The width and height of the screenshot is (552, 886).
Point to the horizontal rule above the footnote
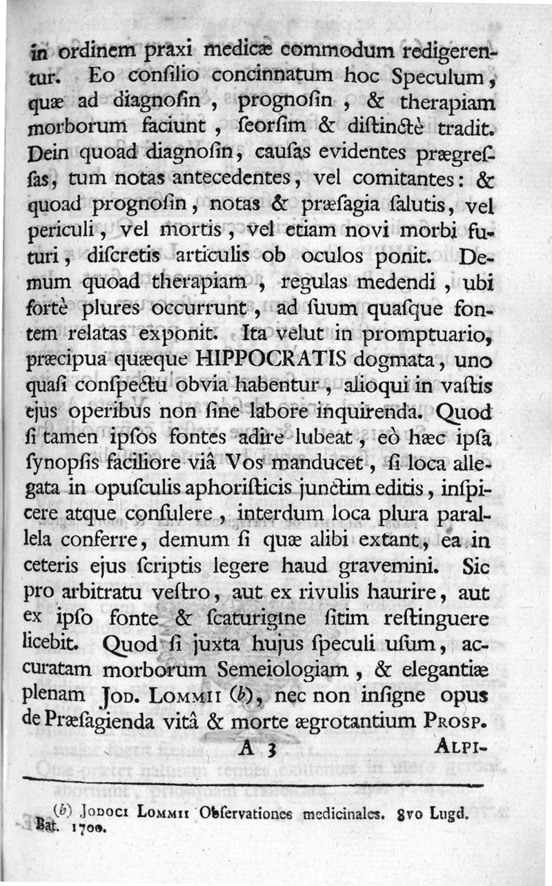click(255, 780)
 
